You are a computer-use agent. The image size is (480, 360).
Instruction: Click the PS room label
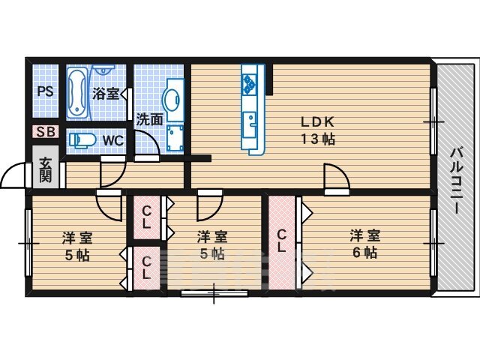(x=45, y=91)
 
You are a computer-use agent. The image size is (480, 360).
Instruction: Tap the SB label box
(x=46, y=132)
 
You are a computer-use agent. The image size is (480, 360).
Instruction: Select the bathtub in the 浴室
(x=77, y=93)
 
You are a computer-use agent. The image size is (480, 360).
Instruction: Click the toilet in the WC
(x=82, y=140)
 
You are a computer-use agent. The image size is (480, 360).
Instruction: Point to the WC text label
(x=113, y=141)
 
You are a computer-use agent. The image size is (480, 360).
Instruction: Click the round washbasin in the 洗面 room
(x=171, y=100)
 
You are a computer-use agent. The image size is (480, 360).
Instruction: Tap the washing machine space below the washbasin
(x=175, y=139)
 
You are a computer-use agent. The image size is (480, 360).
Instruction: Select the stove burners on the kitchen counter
(x=248, y=84)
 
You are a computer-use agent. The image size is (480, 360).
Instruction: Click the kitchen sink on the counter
(x=250, y=125)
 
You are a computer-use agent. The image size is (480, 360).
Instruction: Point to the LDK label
(x=317, y=122)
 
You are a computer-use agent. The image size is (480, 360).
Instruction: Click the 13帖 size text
(x=318, y=139)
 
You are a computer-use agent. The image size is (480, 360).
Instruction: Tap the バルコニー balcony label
(x=457, y=181)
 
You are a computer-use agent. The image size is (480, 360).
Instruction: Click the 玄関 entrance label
(x=46, y=169)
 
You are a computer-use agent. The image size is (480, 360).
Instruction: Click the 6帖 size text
(x=364, y=253)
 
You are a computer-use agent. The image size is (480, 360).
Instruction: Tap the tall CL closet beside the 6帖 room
(x=282, y=241)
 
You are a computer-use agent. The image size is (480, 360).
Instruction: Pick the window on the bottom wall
(x=214, y=293)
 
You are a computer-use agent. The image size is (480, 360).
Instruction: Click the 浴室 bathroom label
(x=106, y=94)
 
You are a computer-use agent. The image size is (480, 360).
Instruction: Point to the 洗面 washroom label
(x=149, y=119)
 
